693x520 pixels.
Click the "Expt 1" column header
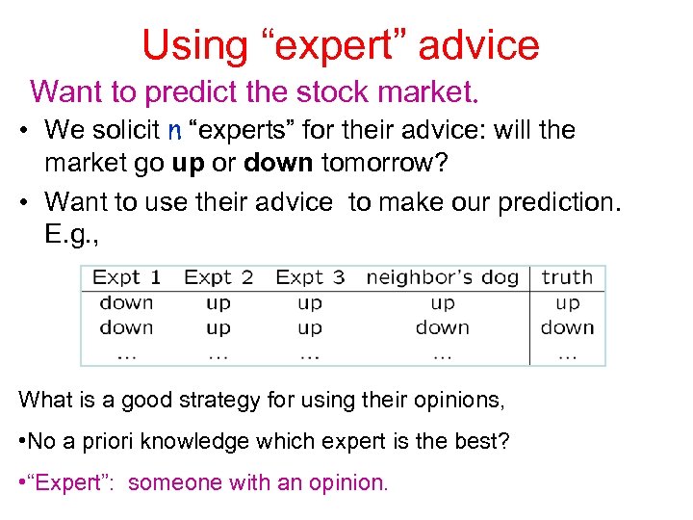point(127,278)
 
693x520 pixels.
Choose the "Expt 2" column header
point(218,278)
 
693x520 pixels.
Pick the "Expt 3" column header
point(310,278)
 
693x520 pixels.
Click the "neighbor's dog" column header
point(442,278)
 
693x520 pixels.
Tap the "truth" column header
point(567,278)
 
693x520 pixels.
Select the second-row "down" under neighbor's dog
point(442,327)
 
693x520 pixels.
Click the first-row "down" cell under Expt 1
point(127,303)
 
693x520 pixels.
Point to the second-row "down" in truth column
point(567,327)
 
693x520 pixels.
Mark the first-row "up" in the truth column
point(567,303)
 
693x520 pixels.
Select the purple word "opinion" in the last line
point(346,482)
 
